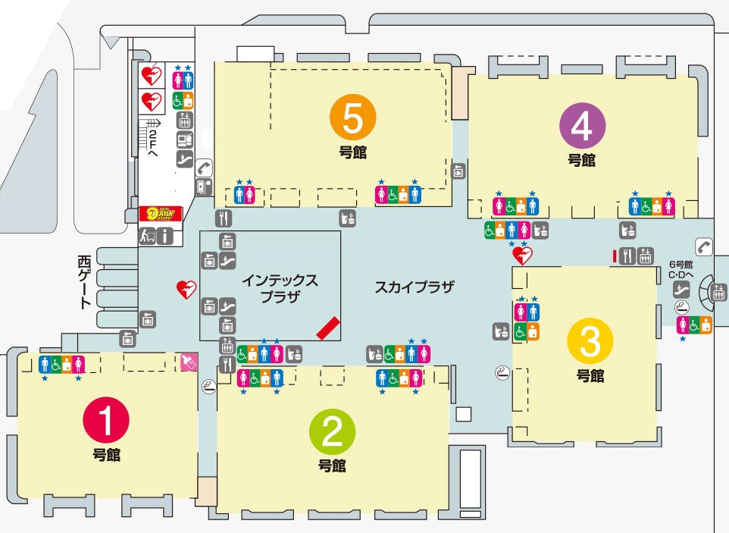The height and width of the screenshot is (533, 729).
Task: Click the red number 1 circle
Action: [106, 421]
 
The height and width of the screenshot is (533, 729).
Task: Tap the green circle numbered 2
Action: [333, 431]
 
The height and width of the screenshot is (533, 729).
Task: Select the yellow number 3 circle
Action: [590, 343]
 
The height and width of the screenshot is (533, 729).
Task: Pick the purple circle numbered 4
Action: [582, 126]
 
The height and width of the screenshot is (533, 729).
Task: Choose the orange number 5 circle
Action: [353, 118]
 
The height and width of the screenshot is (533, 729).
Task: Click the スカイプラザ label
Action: [414, 287]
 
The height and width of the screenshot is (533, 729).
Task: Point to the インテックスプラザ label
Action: [280, 288]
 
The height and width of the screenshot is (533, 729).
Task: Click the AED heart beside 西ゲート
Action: [186, 289]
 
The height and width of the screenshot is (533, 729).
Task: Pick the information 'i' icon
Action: [165, 236]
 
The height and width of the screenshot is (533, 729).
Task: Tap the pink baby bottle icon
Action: [187, 362]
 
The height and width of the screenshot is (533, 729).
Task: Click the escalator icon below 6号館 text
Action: [681, 289]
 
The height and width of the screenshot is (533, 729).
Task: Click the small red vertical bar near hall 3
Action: [614, 256]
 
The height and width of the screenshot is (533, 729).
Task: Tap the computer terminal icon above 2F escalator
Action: [183, 140]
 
